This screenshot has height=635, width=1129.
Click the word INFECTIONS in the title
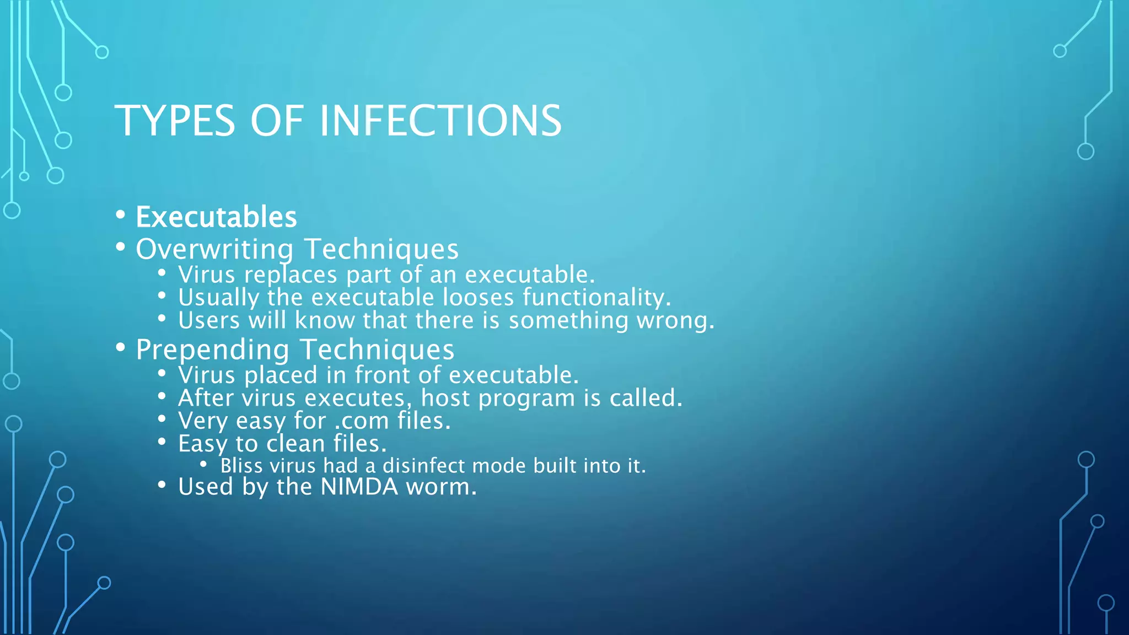[440, 121]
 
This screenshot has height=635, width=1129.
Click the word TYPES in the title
[175, 121]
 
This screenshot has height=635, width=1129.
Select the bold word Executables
[216, 217]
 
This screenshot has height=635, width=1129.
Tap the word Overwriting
[214, 249]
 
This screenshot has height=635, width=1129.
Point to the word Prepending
[212, 349]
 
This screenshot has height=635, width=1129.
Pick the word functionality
[596, 298]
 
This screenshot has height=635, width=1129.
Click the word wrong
[675, 321]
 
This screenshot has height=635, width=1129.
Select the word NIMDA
[359, 487]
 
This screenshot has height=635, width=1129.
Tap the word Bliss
[241, 466]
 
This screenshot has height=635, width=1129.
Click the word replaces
[291, 275]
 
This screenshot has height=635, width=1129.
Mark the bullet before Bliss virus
[203, 465]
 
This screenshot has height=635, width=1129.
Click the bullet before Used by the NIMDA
[162, 485]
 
